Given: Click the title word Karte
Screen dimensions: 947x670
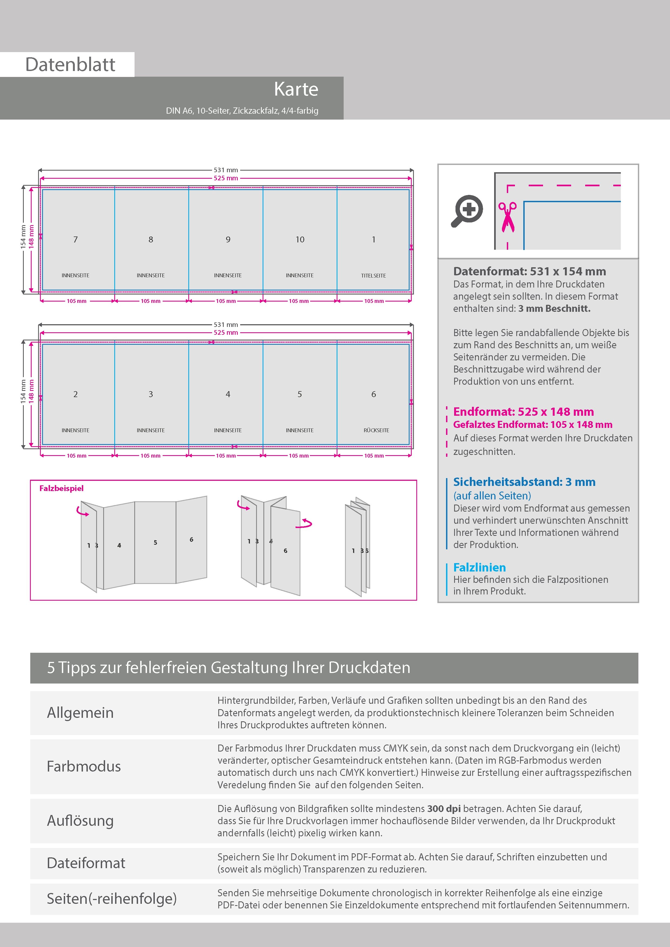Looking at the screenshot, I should (x=296, y=89).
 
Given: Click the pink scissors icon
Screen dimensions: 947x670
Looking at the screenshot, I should (x=507, y=217).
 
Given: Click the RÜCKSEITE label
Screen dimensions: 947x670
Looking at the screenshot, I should (x=376, y=430).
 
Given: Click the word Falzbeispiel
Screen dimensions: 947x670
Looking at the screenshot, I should (x=62, y=488).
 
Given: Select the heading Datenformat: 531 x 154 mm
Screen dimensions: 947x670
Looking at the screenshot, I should (x=529, y=271).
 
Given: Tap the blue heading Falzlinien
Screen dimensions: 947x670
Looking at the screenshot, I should (x=479, y=567).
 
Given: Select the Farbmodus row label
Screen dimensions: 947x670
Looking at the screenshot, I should (x=84, y=766).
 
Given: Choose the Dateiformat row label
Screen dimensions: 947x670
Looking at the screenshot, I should (x=86, y=863).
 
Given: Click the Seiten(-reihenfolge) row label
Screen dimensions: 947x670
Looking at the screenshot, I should (x=112, y=898).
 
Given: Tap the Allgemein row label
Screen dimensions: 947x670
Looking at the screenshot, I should (x=80, y=713).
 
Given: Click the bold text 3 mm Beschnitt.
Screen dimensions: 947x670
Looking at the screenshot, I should (x=554, y=309).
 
